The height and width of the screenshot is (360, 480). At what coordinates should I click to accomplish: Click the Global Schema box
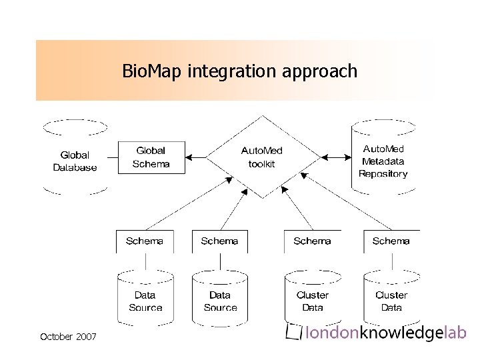coord(151,157)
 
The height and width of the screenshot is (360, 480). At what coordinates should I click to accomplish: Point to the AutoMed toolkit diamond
coord(261,157)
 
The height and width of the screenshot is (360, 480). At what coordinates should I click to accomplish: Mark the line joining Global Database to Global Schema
coord(113,157)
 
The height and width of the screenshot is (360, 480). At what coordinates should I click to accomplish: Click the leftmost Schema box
coord(145,241)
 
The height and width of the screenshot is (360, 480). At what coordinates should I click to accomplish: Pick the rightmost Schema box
coord(391,241)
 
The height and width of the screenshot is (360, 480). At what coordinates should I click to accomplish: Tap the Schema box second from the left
coord(219,241)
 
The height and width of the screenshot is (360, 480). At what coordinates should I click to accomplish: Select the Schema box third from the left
coord(312,241)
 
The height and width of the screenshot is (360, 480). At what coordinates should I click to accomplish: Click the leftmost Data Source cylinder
coord(145,299)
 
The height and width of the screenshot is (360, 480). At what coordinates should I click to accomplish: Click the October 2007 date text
coord(68,337)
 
